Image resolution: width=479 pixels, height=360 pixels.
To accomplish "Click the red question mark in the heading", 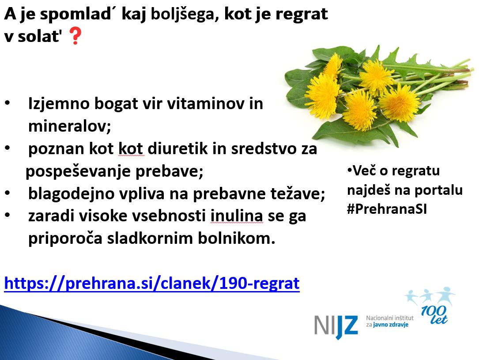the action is (75, 36).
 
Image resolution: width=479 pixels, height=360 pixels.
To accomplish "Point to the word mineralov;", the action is (70, 125).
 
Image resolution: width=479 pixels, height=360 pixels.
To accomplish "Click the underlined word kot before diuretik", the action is (131, 148).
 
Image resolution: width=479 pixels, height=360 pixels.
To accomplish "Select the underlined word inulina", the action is (237, 216).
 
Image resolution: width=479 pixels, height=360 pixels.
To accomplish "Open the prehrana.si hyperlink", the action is (152, 283).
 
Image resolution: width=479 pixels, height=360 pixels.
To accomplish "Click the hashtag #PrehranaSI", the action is (387, 209).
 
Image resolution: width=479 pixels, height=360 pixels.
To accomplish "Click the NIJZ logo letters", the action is (336, 327).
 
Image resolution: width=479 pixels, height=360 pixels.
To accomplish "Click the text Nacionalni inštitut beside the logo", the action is (390, 318).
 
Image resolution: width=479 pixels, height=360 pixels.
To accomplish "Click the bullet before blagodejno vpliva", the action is (8, 193).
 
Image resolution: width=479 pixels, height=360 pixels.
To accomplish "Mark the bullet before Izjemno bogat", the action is (8, 103).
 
